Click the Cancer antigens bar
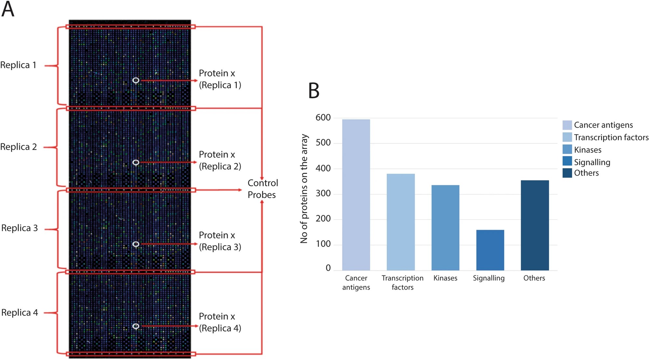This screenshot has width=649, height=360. point(356,195)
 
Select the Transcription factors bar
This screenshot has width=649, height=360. point(400,222)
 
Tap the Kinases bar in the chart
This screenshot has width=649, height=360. point(445,228)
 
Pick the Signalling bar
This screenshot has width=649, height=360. point(490,250)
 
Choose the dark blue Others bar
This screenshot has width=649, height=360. point(534,225)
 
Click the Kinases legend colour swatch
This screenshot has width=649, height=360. point(567,150)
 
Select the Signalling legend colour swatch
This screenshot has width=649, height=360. point(567,161)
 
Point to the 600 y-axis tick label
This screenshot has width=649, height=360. point(323,118)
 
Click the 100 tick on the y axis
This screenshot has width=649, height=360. point(323,244)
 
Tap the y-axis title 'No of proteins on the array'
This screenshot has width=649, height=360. point(304,189)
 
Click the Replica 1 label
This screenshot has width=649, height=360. point(18,65)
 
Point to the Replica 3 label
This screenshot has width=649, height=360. point(20,228)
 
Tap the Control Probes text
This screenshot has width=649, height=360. point(263,189)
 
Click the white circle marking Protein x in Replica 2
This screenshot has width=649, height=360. point(136,162)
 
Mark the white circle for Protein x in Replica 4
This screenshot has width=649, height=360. point(136,326)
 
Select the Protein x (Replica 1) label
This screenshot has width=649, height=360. point(220,79)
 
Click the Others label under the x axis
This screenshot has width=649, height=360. point(534,278)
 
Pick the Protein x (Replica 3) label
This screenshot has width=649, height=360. point(220,241)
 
